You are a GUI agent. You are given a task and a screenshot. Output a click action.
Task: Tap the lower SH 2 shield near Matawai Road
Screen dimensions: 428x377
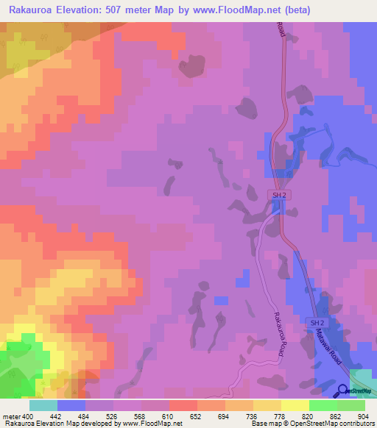click(x=316, y=323)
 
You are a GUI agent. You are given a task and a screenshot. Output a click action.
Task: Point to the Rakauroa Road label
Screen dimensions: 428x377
click(x=278, y=335)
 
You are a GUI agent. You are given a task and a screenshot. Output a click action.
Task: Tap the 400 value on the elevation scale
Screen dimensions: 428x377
click(x=28, y=417)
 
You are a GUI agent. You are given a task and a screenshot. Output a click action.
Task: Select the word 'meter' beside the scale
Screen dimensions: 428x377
click(x=11, y=417)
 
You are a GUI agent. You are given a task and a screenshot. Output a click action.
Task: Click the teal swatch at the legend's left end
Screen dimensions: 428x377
click(x=43, y=405)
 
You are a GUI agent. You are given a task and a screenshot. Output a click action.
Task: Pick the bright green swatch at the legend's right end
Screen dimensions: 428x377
click(x=350, y=405)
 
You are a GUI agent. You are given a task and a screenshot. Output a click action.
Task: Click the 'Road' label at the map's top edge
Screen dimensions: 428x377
click(x=281, y=29)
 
